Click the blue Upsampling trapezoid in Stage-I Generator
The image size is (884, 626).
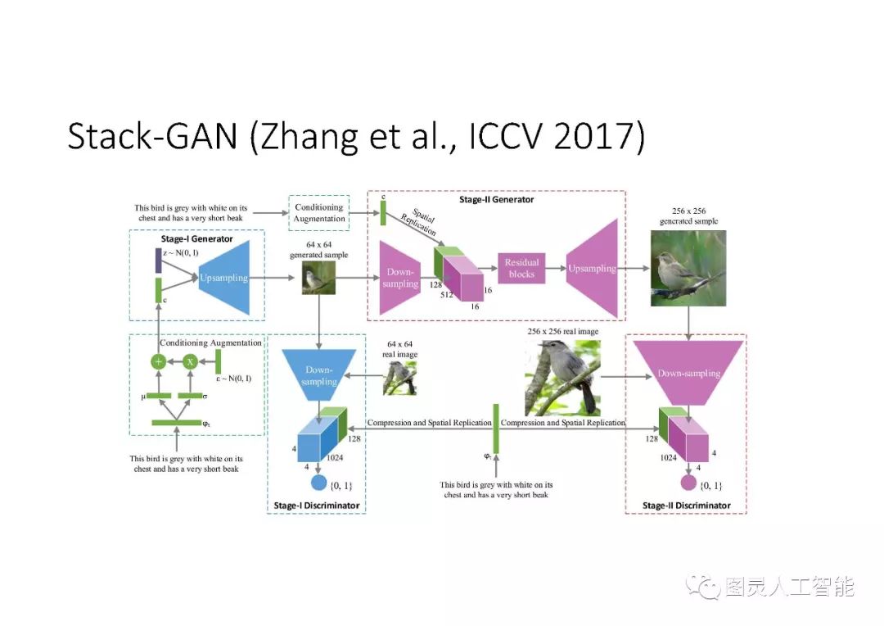click(x=225, y=278)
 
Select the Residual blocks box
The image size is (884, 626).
click(x=521, y=268)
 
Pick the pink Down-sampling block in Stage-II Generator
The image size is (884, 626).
click(x=400, y=278)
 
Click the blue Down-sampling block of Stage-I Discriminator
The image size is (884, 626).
click(x=318, y=374)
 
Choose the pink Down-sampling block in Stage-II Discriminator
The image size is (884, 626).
click(x=688, y=374)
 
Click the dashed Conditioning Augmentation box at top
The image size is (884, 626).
click(x=318, y=213)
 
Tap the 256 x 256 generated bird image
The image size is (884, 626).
click(x=688, y=267)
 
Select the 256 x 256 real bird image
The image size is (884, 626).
click(x=562, y=378)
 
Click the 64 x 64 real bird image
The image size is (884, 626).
click(x=400, y=379)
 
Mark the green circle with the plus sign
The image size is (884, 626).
click(x=159, y=361)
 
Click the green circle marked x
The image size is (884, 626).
click(x=190, y=361)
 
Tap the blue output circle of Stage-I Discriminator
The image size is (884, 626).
click(x=318, y=483)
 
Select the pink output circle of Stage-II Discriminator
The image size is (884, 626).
click(x=688, y=483)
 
